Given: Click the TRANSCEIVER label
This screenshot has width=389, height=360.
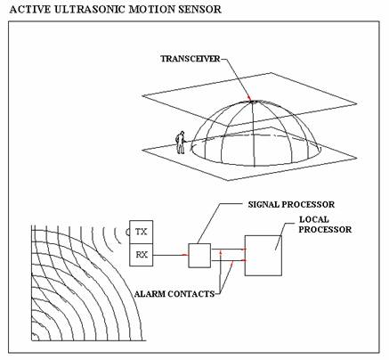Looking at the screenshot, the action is coord(190,59).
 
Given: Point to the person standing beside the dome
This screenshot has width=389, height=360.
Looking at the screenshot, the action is coord(180,143).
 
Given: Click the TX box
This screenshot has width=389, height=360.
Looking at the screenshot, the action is coord(142,232).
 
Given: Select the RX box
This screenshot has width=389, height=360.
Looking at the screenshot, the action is coord(142,255).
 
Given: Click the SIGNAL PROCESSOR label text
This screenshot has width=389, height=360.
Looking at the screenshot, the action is coord(291,205).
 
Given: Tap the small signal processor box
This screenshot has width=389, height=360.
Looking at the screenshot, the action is coord(199,256).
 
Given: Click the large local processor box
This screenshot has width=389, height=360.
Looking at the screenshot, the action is coord(263,256).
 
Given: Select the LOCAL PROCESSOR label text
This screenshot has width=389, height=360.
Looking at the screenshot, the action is coord(325,225).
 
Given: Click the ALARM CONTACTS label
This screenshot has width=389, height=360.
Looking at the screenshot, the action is coord(174,294).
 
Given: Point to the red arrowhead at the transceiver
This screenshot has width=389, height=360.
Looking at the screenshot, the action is coord(249,98).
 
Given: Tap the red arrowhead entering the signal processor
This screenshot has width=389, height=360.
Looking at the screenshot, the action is coord(185,255).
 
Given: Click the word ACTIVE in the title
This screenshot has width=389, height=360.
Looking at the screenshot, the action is coord(29,9).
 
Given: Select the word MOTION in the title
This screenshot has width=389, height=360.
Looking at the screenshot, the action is coord(151,9).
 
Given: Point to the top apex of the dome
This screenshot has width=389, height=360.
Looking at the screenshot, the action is coord(253,102).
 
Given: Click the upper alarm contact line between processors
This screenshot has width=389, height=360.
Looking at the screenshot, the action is coord(228,250).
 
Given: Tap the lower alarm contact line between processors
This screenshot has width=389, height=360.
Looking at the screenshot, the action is coord(228,260).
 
